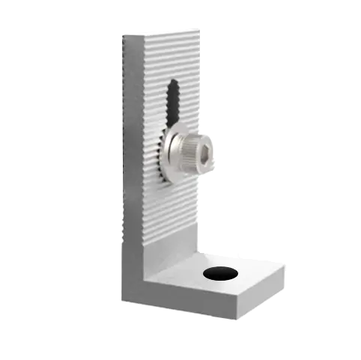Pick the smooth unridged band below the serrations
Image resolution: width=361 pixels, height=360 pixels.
tap(172, 251)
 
